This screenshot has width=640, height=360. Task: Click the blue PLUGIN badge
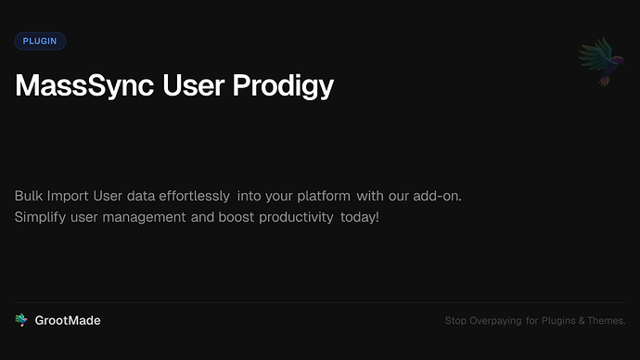click(40, 41)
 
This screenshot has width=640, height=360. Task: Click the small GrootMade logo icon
click(21, 320)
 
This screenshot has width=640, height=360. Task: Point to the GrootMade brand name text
click(68, 320)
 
